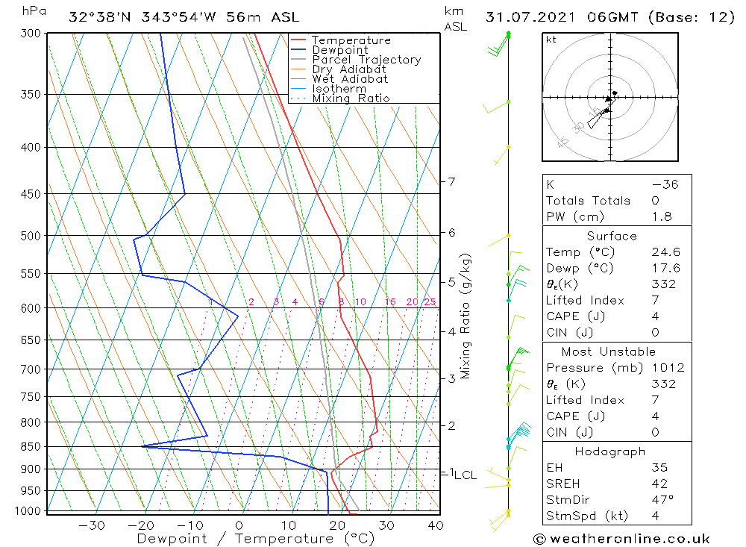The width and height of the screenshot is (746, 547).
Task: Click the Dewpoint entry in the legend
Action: (x=339, y=50)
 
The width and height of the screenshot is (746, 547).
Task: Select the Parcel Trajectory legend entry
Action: (x=366, y=60)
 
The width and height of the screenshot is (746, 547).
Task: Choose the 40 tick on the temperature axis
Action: (x=436, y=525)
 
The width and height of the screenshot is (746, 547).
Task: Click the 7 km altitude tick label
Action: (x=451, y=181)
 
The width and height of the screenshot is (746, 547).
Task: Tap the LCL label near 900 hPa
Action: (x=466, y=475)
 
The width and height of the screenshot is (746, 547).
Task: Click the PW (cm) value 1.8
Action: (x=662, y=216)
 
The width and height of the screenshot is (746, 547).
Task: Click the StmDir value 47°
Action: (x=662, y=499)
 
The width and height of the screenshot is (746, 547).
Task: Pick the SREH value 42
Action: (x=661, y=484)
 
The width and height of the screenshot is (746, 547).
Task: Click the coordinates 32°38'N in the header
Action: (x=99, y=17)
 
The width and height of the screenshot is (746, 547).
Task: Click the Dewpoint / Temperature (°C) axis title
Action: (x=255, y=538)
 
